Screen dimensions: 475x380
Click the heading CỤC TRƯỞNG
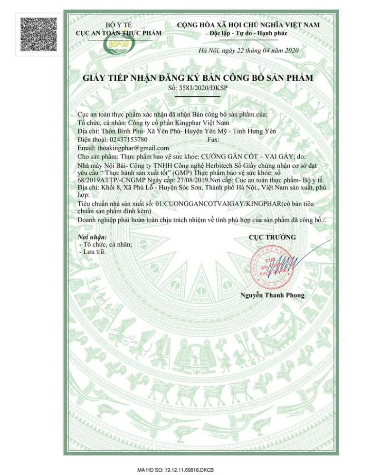272,237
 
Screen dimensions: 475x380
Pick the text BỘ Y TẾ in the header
118,25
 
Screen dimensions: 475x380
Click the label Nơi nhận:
93,237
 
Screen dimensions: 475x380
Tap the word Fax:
214,140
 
